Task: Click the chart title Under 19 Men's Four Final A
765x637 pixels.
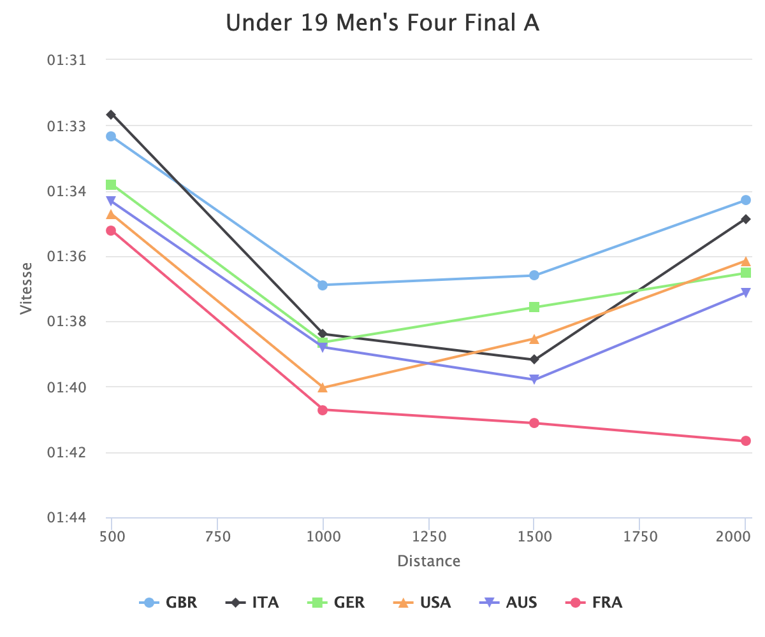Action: [382, 24]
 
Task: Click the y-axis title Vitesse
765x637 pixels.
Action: [26, 288]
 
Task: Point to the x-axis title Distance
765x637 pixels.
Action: [428, 561]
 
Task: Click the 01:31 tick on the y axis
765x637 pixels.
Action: [66, 60]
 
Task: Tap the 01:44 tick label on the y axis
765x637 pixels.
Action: [66, 518]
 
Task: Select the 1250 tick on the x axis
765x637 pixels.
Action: [429, 537]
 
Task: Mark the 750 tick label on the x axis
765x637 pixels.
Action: [217, 537]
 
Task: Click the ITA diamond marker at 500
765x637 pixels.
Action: [111, 115]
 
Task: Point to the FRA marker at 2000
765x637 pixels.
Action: [746, 441]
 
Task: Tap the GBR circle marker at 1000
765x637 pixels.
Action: [323, 285]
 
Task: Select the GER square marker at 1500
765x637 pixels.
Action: [534, 307]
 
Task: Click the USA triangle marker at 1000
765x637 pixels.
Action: [323, 387]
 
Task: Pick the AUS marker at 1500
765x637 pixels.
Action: [534, 380]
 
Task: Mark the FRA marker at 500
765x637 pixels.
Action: [111, 231]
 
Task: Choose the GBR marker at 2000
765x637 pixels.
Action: [746, 200]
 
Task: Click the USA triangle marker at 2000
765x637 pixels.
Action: [746, 261]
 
